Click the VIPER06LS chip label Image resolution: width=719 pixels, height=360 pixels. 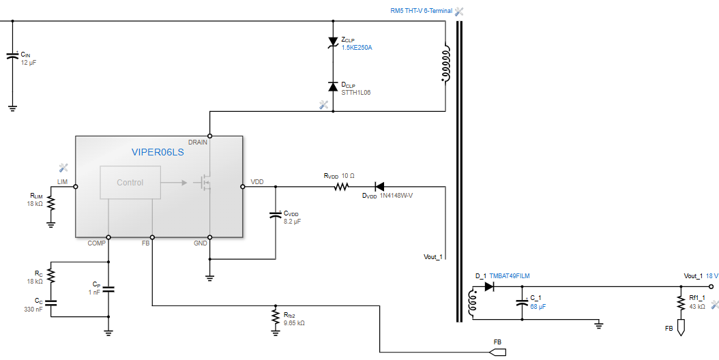pyautogui.click(x=158, y=153)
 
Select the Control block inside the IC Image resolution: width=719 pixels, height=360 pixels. pyautogui.click(x=130, y=183)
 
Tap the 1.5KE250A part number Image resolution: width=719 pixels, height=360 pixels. pyautogui.click(x=357, y=48)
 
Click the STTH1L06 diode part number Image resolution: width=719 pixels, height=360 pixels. pyautogui.click(x=355, y=92)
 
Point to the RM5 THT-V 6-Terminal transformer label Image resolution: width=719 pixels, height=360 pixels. pyautogui.click(x=421, y=12)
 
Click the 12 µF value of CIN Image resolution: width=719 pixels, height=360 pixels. pyautogui.click(x=28, y=63)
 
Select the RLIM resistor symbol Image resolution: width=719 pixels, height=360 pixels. pyautogui.click(x=50, y=202)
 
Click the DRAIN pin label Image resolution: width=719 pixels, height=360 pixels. pyautogui.click(x=198, y=142)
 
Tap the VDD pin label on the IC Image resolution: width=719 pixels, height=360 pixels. pyautogui.click(x=257, y=182)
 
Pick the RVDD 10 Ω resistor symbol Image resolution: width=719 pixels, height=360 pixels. pyautogui.click(x=342, y=186)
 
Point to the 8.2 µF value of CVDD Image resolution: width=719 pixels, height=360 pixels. pyautogui.click(x=293, y=222)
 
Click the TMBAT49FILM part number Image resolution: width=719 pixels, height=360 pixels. pyautogui.click(x=509, y=276)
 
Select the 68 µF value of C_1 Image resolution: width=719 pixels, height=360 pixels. pyautogui.click(x=538, y=307)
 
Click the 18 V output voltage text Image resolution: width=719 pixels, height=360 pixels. pyautogui.click(x=712, y=276)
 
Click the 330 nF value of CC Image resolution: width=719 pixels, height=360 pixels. pyautogui.click(x=33, y=309)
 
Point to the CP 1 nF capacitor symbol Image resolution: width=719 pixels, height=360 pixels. pyautogui.click(x=108, y=289)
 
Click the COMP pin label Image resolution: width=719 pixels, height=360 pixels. pyautogui.click(x=96, y=243)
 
